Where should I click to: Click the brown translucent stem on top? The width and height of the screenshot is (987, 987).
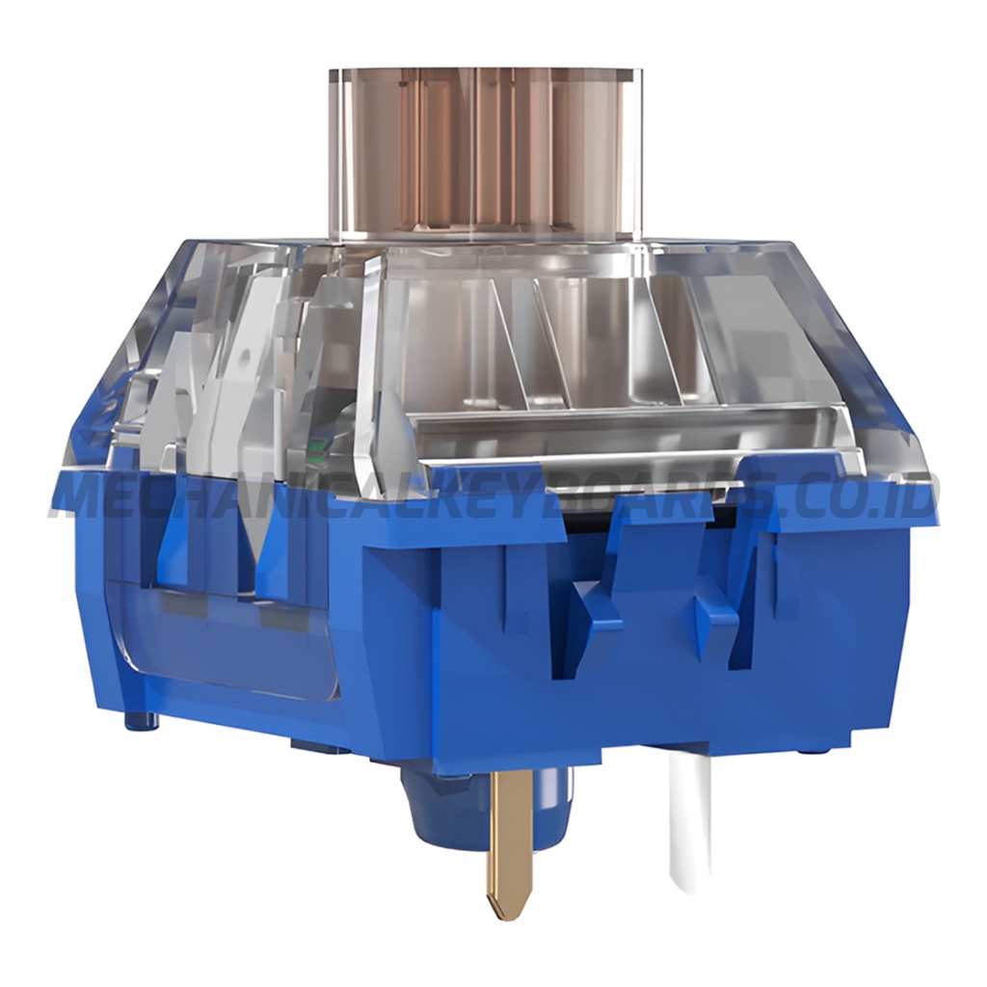[486, 154]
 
